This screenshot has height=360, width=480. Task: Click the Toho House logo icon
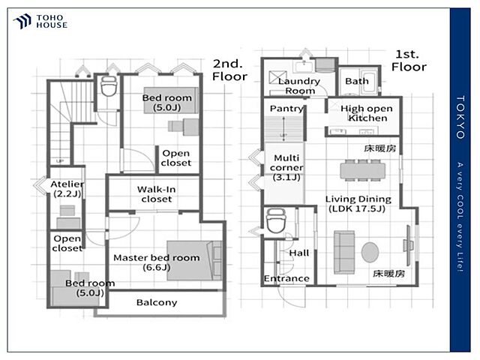click(x=22, y=21)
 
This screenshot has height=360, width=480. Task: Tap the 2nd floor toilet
click(x=109, y=86)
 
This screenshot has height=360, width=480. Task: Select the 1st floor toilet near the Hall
click(x=276, y=221)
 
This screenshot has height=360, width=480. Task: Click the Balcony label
click(x=157, y=302)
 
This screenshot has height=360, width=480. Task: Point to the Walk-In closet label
click(x=157, y=194)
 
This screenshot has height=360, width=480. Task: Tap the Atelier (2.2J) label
click(x=67, y=188)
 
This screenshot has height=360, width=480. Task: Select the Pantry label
click(x=286, y=108)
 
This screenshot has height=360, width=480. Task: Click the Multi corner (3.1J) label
click(x=286, y=167)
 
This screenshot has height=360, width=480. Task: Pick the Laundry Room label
click(x=299, y=85)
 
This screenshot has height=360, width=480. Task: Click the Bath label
click(x=357, y=81)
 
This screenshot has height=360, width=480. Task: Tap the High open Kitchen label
click(x=367, y=113)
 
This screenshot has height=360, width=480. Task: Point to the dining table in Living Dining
click(x=362, y=170)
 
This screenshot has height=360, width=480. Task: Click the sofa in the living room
click(x=344, y=252)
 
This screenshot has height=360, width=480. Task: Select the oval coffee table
click(x=370, y=252)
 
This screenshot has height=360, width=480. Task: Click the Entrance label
click(x=286, y=278)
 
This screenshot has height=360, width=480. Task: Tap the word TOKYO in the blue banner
click(x=460, y=117)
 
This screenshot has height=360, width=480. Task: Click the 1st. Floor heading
click(x=409, y=61)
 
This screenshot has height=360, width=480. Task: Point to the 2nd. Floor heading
click(x=230, y=70)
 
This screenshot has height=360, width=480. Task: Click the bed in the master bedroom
click(x=194, y=260)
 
